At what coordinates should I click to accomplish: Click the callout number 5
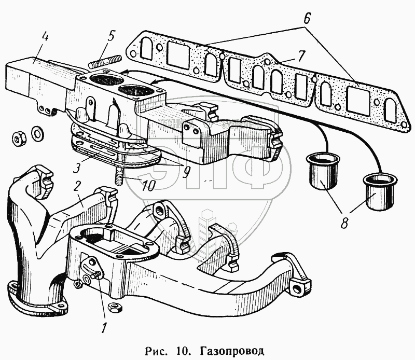click(x=110, y=36)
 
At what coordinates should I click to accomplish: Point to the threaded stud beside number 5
click(x=104, y=63)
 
